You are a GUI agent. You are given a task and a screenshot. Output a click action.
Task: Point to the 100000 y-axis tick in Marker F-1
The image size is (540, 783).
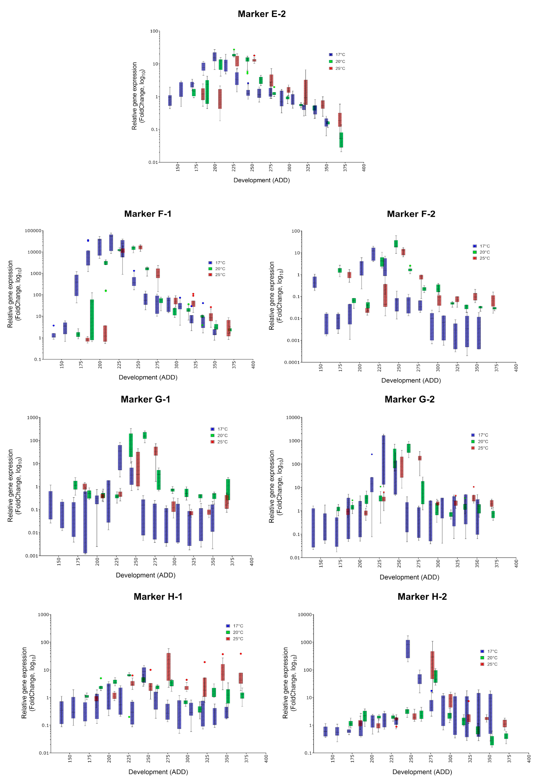click(x=33, y=231)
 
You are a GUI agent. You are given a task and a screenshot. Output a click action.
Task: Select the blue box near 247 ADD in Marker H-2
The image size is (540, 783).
click(x=408, y=649)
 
